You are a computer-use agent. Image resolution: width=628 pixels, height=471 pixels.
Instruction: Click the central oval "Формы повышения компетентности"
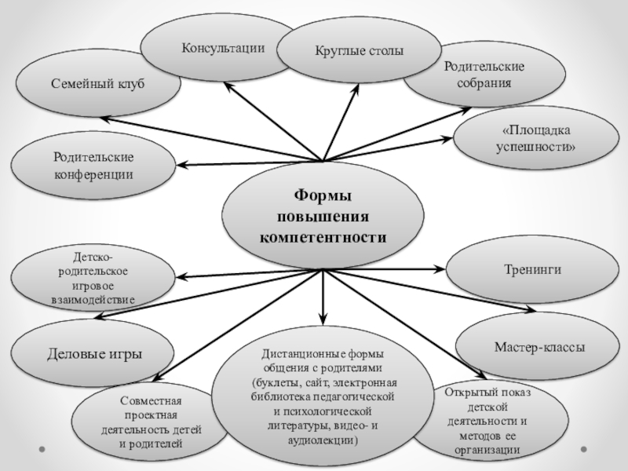point(323,215)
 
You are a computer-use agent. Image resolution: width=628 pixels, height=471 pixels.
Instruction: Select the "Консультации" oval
point(224,49)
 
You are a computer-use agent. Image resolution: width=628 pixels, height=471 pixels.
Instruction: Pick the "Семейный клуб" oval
point(98,83)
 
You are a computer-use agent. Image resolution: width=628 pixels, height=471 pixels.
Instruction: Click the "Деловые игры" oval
point(95,354)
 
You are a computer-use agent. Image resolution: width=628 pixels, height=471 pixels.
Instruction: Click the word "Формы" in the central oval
point(323,195)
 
